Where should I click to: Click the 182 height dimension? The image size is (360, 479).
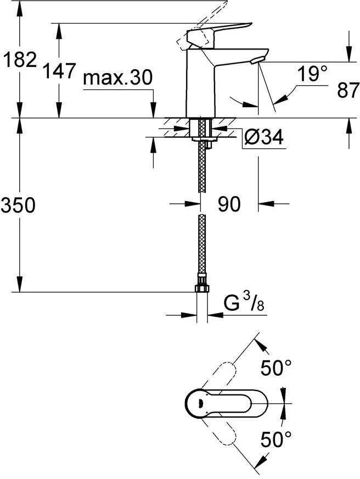(x=19, y=59)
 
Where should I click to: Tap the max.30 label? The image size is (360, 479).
(x=117, y=78)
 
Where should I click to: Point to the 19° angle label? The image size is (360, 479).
(x=312, y=74)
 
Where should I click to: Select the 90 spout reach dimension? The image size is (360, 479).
(x=229, y=204)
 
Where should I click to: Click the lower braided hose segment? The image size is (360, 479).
(x=201, y=247)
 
